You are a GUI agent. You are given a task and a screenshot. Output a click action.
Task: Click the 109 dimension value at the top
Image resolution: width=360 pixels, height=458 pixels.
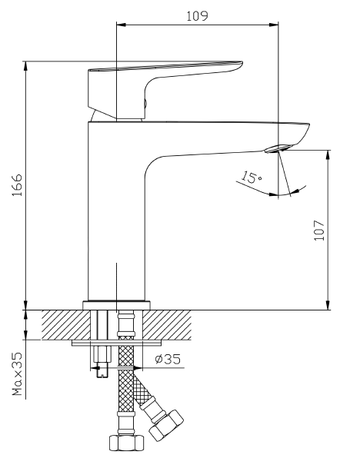197,15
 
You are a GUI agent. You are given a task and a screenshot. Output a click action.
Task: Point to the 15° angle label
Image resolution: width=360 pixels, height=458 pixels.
251,178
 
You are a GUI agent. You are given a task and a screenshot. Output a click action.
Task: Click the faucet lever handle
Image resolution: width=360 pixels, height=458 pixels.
165,73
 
